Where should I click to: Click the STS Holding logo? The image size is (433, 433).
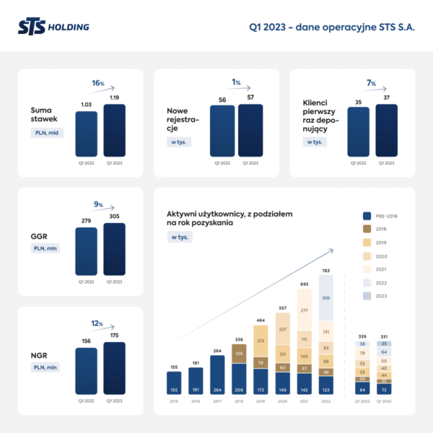click(54, 27)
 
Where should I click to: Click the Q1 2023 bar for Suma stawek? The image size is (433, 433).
click(114, 131)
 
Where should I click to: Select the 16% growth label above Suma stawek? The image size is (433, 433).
click(97, 83)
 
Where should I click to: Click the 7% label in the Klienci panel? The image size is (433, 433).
click(371, 83)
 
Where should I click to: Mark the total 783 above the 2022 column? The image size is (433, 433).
click(326, 271)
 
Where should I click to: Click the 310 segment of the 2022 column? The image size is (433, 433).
click(326, 298)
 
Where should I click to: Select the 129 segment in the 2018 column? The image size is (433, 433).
click(239, 354)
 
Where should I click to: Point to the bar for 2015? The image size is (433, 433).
click(172, 380)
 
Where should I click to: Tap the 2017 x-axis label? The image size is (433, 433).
click(216, 401)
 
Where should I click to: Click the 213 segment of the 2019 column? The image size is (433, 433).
click(261, 339)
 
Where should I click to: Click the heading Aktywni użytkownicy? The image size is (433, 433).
click(229, 214)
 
